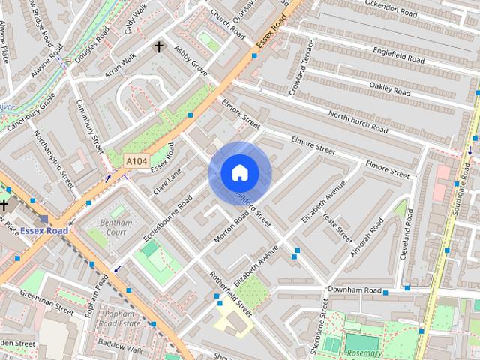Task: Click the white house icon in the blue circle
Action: tap(239, 173)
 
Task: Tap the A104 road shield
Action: tap(136, 161)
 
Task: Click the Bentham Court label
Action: tap(115, 227)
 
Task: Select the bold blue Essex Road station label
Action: tap(43, 230)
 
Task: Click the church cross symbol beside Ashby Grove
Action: tap(159, 47)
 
